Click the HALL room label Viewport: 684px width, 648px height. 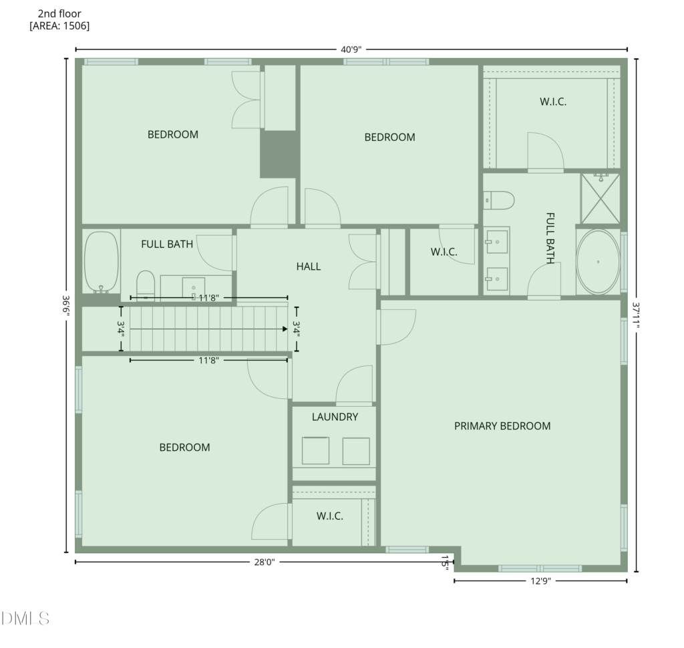click(309, 266)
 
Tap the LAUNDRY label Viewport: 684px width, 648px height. click(335, 417)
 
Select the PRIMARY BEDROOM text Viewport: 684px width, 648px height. click(502, 426)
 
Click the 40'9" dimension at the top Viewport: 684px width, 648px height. click(351, 49)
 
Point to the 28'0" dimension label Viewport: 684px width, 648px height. click(265, 562)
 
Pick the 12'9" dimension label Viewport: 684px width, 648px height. click(541, 581)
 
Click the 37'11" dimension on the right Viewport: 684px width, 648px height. click(637, 315)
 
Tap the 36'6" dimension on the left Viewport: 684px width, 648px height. click(66, 306)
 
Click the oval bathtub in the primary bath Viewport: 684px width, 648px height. click(598, 262)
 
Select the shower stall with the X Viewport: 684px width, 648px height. click(601, 199)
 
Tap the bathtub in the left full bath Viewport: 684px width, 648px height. click(102, 262)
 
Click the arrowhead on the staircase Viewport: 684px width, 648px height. click(285, 329)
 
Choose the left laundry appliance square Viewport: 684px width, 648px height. click(315, 451)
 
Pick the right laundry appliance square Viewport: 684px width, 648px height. click(356, 451)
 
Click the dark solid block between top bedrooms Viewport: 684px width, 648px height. click(278, 154)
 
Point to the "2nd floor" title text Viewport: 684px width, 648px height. click(59, 13)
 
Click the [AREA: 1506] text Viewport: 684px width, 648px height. click(59, 26)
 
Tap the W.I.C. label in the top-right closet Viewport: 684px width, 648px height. click(553, 102)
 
